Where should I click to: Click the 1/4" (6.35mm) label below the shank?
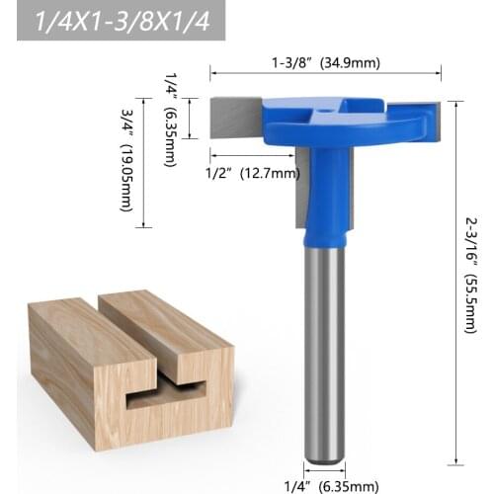click(x=325, y=484)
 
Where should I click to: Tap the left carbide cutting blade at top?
click(x=235, y=116)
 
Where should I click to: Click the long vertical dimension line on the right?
click(x=455, y=277)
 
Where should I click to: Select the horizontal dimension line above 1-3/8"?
click(x=326, y=72)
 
